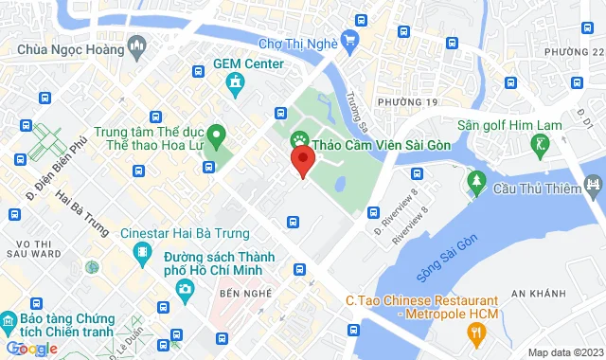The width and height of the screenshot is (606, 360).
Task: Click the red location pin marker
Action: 302,162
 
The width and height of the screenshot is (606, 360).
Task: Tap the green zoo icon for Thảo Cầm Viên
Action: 299,140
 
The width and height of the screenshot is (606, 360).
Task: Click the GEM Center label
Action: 248,63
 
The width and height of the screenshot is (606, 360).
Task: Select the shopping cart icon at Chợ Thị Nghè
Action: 349,40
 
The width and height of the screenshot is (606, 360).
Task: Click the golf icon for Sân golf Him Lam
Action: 541,144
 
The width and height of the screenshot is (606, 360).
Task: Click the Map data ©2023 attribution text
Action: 564,352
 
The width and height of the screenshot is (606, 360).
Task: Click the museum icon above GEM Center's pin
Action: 235,86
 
